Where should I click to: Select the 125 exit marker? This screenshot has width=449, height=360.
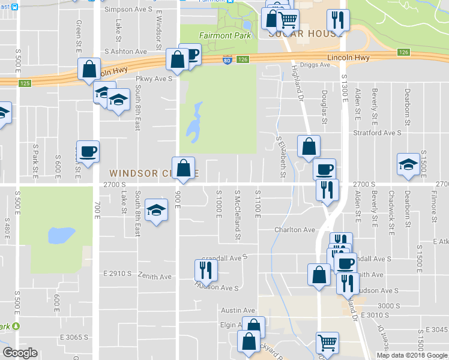[x=25, y=83]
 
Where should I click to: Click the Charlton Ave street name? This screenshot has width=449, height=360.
[x=295, y=230]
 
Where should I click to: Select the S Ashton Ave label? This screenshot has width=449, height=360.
[x=125, y=52]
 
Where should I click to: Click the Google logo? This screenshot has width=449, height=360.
[x=20, y=353]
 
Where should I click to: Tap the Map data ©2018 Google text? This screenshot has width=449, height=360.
[x=412, y=355]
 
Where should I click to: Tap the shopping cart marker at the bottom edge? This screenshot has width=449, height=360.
[x=327, y=343]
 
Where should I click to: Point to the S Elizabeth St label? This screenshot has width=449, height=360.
[x=280, y=158]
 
